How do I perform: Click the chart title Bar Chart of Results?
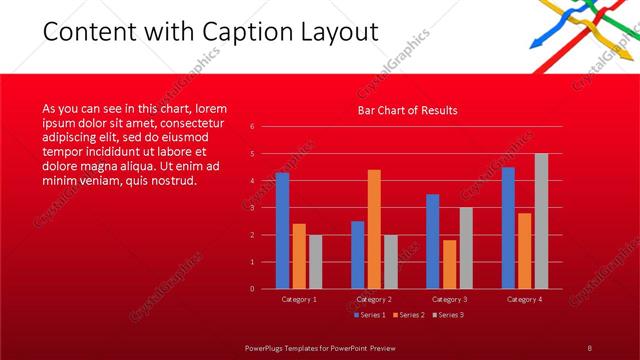click(407, 111)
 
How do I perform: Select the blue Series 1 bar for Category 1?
click(282, 230)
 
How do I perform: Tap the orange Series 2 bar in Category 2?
click(374, 229)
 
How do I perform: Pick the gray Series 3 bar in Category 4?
click(541, 221)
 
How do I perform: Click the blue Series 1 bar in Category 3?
click(432, 241)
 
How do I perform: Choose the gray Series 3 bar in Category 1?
click(315, 262)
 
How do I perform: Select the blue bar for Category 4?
click(508, 228)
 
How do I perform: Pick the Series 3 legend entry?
click(448, 315)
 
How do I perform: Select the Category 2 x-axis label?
click(374, 298)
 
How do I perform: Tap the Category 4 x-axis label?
click(524, 298)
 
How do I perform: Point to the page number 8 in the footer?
click(590, 346)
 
